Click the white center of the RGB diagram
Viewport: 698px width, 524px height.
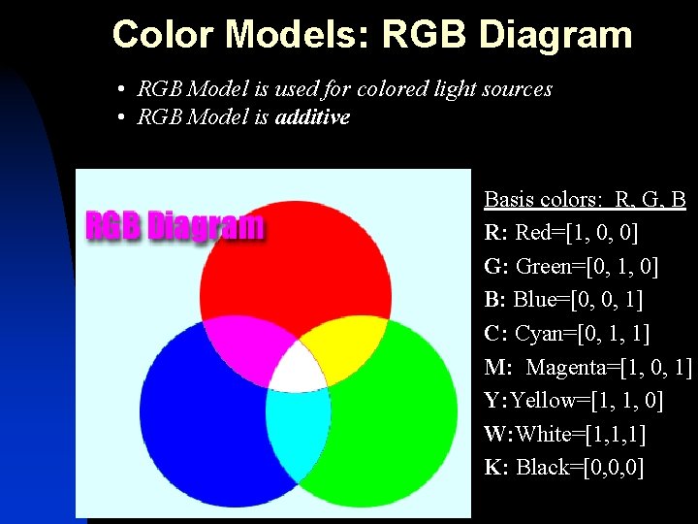(x=298, y=369)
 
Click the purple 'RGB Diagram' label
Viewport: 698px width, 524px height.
(x=174, y=226)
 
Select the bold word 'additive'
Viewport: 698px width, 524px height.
(x=312, y=117)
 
